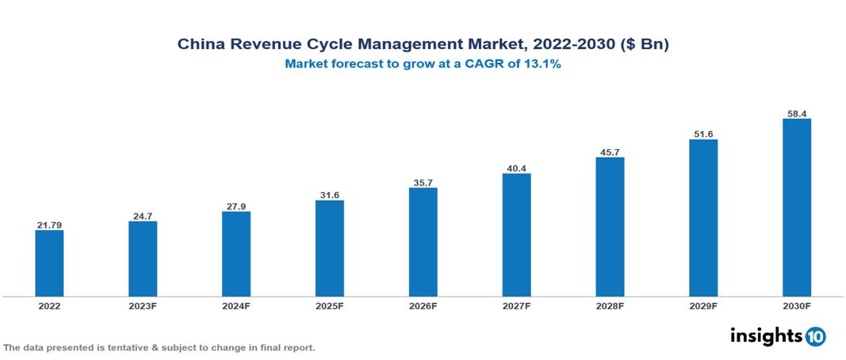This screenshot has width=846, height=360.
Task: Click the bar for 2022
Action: (49, 263)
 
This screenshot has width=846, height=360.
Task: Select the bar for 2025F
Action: (329, 248)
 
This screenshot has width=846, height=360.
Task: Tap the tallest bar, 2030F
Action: (796, 208)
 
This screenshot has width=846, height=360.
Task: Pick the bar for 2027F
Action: (516, 235)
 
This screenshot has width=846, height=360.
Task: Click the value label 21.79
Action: (49, 225)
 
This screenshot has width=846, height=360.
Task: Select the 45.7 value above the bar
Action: (610, 151)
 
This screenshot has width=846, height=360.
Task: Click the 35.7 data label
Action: (423, 182)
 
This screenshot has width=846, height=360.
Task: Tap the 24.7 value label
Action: (143, 216)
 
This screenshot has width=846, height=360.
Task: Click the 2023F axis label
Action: (143, 305)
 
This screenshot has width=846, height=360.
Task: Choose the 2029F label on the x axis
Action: (702, 305)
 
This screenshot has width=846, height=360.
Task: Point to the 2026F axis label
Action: (423, 305)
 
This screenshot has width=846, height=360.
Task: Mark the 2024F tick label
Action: (236, 305)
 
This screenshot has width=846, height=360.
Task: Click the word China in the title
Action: (201, 45)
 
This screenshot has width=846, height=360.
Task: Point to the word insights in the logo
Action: (766, 335)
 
